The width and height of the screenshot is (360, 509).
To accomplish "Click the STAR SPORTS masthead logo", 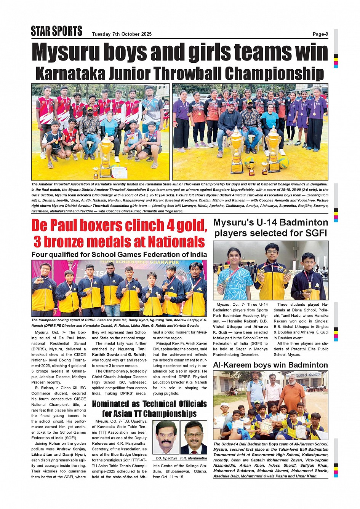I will click(57, 31).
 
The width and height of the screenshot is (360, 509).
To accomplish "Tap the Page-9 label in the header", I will click(320, 34).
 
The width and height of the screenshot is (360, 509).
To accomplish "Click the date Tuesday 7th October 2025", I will click(122, 34).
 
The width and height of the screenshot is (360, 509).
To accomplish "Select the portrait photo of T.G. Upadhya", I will click(166, 437).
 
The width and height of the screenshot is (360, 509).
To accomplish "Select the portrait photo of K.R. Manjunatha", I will click(194, 437).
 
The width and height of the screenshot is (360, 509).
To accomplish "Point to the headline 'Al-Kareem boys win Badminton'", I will click(270, 365).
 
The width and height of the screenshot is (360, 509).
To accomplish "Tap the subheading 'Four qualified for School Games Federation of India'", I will click(119, 255).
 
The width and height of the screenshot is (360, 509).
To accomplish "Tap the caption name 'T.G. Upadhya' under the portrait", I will click(166, 458).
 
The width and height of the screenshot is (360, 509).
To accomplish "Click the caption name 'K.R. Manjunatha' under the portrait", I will click(194, 458).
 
